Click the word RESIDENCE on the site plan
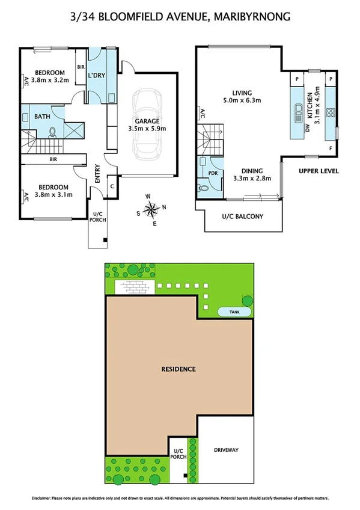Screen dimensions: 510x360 [x=179, y=369]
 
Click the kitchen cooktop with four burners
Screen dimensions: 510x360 [x=329, y=111]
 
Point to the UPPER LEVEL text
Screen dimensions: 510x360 [x=319, y=171]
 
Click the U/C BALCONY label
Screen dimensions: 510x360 [x=243, y=217]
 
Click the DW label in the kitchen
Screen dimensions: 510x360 [x=307, y=127]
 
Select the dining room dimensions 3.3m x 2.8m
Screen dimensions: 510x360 [x=252, y=178]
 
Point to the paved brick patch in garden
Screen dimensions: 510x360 [x=136, y=288]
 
